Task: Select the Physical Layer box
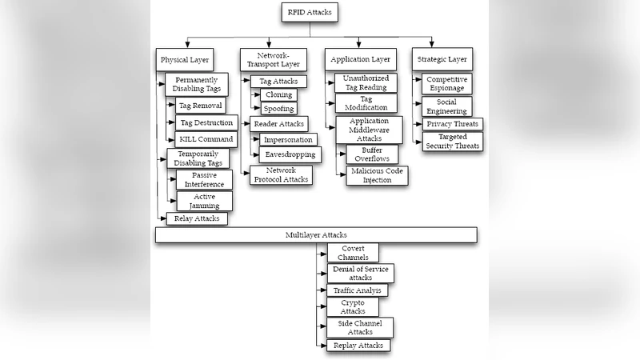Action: [x=185, y=59]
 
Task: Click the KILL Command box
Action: [x=206, y=138]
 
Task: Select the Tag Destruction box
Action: [x=206, y=122]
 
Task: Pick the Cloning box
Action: [x=278, y=94]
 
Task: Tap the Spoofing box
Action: [x=278, y=108]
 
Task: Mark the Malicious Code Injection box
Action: [x=377, y=176]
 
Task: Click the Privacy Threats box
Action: [x=453, y=124]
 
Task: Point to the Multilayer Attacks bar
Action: [x=316, y=235]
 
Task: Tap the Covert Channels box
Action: [x=353, y=253]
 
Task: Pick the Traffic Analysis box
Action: [x=358, y=290]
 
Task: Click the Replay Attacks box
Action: [x=358, y=346]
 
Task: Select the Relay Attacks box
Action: [x=197, y=218]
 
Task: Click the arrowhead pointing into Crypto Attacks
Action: [x=324, y=306]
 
